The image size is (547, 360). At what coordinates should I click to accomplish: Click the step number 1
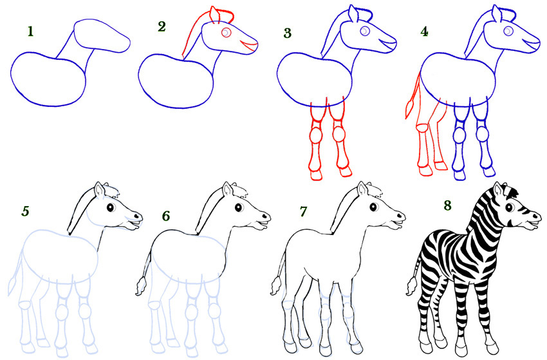coord(30,30)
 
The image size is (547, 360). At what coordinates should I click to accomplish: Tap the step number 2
coord(162,26)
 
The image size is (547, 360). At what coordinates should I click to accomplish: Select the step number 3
coord(288,32)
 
